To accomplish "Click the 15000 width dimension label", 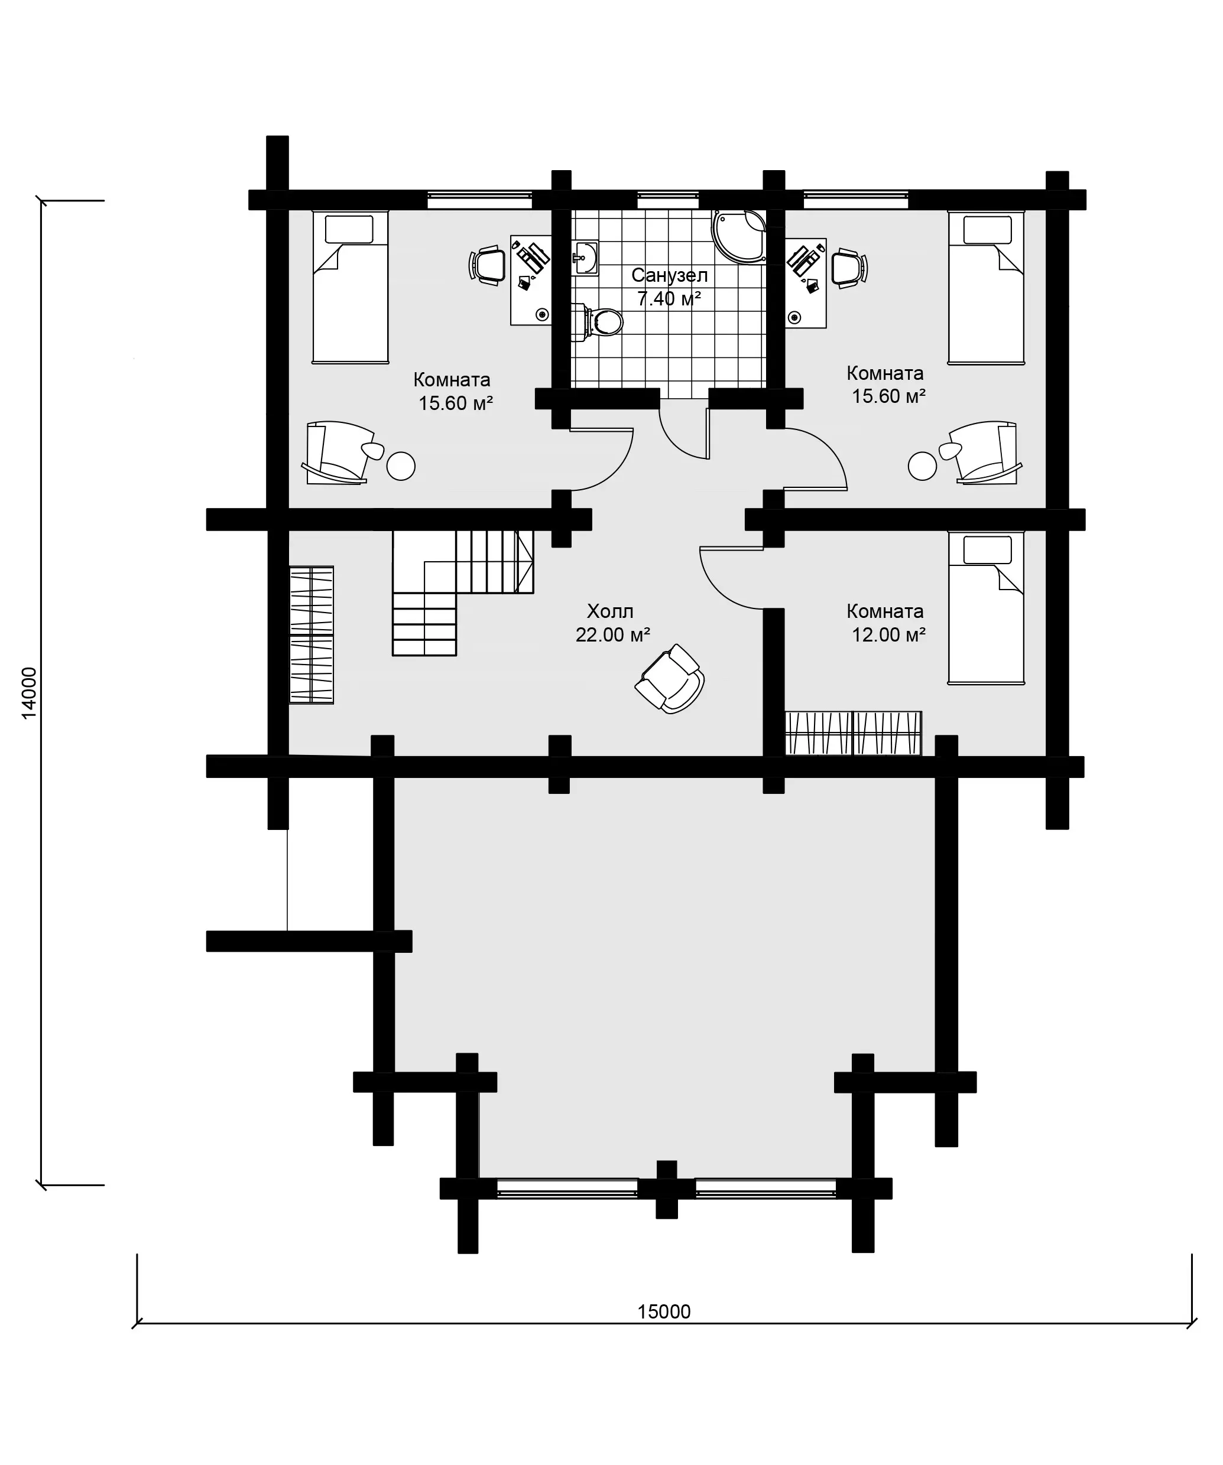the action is tap(664, 1311).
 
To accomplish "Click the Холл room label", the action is tap(610, 611).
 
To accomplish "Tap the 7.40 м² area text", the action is tap(669, 298).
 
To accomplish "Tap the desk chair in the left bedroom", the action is tap(487, 266).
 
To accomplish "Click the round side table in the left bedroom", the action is tap(401, 466).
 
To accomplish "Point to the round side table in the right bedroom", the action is tap(922, 466).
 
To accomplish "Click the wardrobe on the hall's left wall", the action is tap(312, 635).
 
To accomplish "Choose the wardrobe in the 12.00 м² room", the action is tap(853, 733).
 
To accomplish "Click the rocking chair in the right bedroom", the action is tap(982, 452).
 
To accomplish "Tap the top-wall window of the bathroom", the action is tap(668, 200).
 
